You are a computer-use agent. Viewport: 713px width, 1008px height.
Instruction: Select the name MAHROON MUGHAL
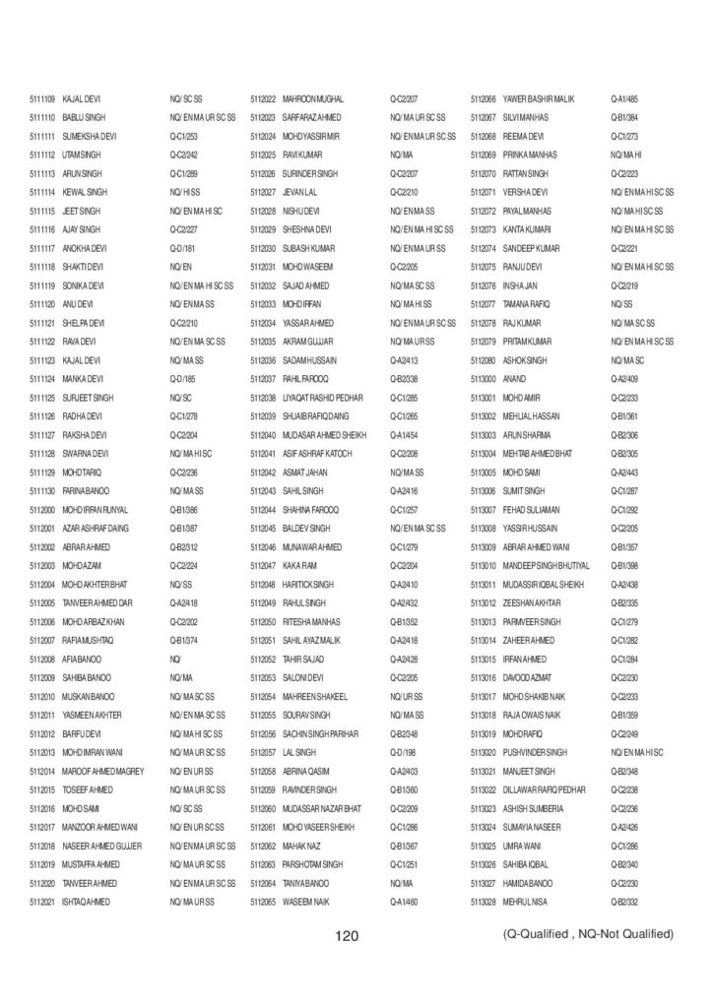click(x=312, y=98)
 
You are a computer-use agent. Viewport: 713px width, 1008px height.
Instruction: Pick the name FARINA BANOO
click(x=86, y=490)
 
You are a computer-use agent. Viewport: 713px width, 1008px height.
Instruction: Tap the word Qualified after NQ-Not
click(x=648, y=933)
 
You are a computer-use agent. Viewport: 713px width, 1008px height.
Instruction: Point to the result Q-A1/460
click(x=404, y=901)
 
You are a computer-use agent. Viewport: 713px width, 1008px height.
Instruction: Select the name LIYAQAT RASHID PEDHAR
click(x=323, y=397)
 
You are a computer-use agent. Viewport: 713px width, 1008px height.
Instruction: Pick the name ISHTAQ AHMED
click(x=86, y=901)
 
